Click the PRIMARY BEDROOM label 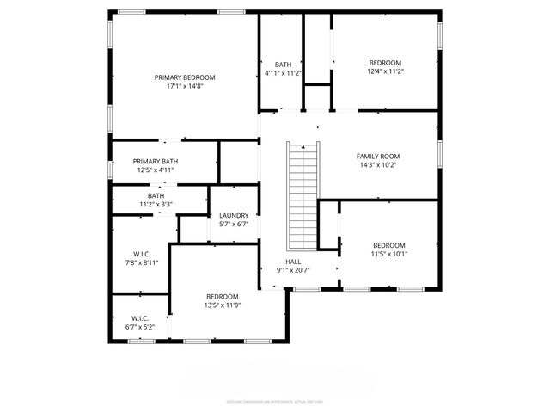pyautogui.click(x=185, y=77)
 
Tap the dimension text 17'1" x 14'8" pyautogui.click(x=185, y=87)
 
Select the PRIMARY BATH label pyautogui.click(x=156, y=161)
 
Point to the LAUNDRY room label pyautogui.click(x=234, y=215)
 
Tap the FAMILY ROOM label pyautogui.click(x=378, y=157)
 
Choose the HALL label pyautogui.click(x=293, y=261)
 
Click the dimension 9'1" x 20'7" pyautogui.click(x=293, y=270)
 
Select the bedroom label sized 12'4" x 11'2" pyautogui.click(x=386, y=62)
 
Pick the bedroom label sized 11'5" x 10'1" pyautogui.click(x=389, y=244)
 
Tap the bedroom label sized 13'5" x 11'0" pyautogui.click(x=222, y=296)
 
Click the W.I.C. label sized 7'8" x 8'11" pyautogui.click(x=142, y=255)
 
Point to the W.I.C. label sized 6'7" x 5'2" pyautogui.click(x=140, y=317)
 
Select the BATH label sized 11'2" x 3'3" pyautogui.click(x=156, y=195)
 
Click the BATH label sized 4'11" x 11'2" pyautogui.click(x=284, y=65)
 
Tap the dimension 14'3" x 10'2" pyautogui.click(x=378, y=166)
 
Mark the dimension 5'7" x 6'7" pyautogui.click(x=234, y=225)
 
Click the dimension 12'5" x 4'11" pyautogui.click(x=156, y=170)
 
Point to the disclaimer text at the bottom pyautogui.click(x=275, y=400)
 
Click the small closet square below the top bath pyautogui.click(x=317, y=96)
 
